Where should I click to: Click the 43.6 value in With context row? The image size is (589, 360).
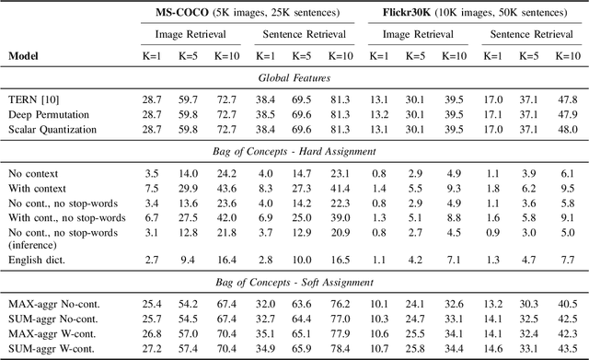225,187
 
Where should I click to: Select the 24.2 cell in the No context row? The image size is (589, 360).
225,171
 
